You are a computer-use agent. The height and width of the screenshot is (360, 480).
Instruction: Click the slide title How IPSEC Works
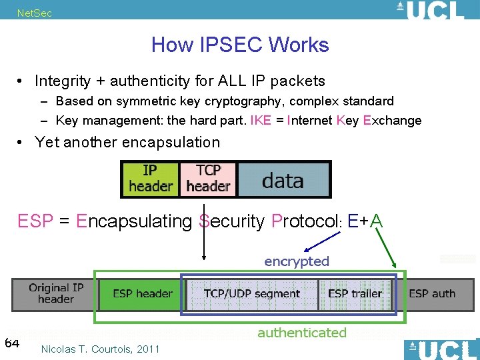pos(240,45)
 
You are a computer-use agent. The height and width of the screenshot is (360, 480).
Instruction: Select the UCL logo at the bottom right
pos(441,349)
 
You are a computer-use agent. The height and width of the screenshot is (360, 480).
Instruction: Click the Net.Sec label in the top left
pos(34,13)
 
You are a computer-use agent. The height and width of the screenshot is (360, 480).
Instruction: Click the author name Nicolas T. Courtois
pos(100,349)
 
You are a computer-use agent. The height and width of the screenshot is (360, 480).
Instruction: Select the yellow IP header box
pos(151,179)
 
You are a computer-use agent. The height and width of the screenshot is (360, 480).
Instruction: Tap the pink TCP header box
pos(208,179)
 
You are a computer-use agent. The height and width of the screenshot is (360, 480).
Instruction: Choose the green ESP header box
pos(142,294)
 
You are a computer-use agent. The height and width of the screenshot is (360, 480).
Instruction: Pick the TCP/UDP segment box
pos(252,294)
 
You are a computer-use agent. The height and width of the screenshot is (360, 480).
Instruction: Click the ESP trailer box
pos(355,294)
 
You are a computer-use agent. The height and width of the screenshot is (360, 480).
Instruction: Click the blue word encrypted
pos(297,261)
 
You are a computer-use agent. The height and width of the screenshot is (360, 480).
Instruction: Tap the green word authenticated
pos(302,332)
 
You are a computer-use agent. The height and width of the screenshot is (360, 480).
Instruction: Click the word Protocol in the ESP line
pos(305,221)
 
